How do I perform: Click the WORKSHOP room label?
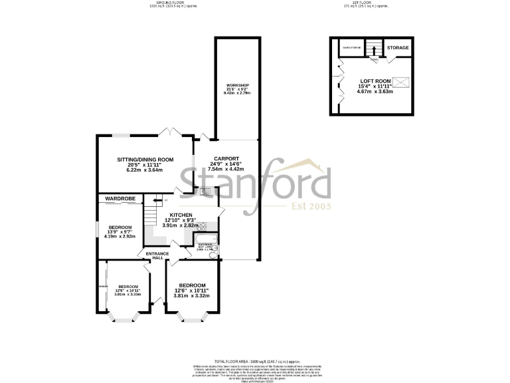coord(237,86)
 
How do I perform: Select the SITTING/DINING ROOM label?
coord(145,160)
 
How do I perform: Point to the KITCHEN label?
coord(181,215)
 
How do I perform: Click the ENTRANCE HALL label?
coord(153,255)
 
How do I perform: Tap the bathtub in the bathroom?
coord(205,239)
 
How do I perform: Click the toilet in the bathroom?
coord(212,254)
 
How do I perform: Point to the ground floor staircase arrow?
coord(157,199)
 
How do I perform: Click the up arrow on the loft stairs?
coord(373,49)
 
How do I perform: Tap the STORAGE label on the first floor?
coord(398,48)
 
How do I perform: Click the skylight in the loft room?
coord(401,83)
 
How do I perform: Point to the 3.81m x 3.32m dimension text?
coord(191,296)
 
